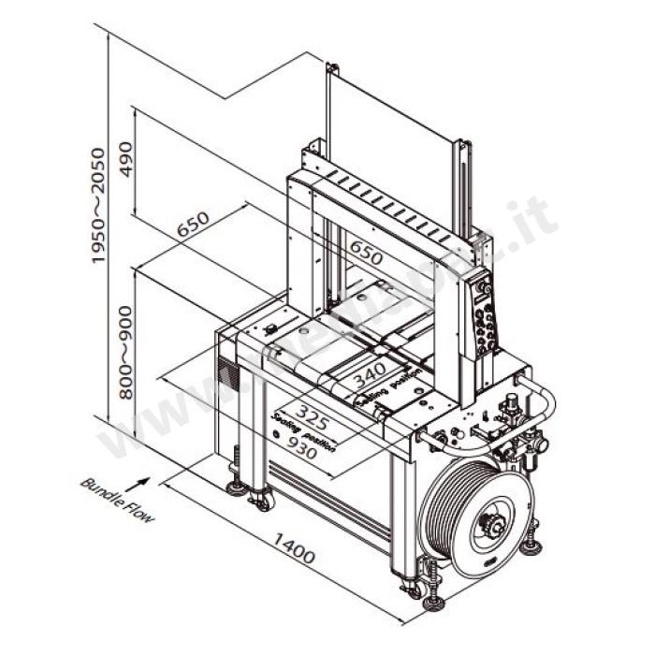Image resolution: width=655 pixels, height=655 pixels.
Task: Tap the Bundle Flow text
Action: click(117, 500)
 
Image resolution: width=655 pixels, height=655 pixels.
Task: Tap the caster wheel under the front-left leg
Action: click(261, 502)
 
